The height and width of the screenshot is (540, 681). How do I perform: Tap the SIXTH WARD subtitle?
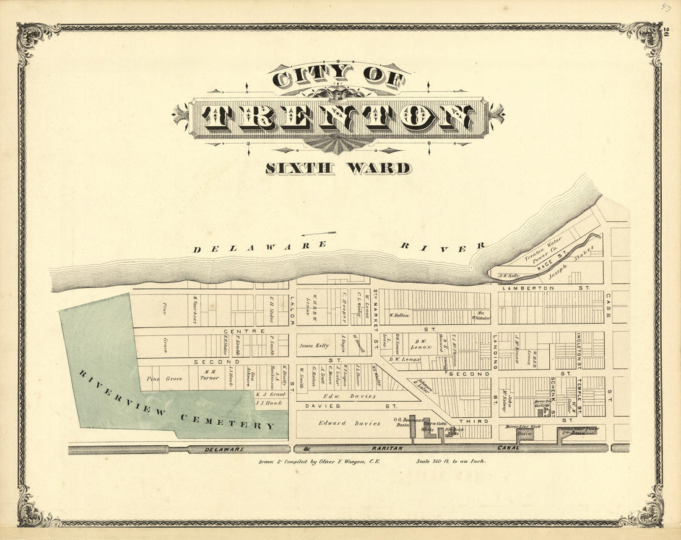pos(338,168)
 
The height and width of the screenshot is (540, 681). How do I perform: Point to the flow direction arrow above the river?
pos(319,234)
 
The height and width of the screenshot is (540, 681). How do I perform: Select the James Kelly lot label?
pos(313,346)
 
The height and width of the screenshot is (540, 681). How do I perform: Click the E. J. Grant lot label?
pos(271,394)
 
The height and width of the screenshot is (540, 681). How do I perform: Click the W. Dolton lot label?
pos(400,316)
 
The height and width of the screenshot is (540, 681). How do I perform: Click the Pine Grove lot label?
pos(164,378)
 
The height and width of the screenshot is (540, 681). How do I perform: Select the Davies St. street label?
pos(350,406)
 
